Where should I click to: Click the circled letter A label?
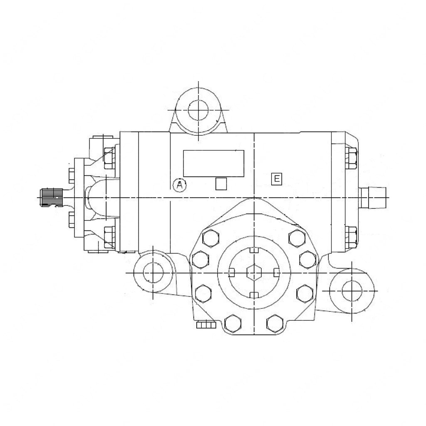click(180, 185)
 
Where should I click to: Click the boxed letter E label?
click(276, 179)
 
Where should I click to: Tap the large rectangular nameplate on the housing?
click(214, 163)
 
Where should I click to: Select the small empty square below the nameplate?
click(221, 183)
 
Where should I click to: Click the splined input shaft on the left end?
click(52, 197)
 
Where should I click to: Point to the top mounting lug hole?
click(198, 110)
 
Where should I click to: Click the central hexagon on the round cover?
click(253, 273)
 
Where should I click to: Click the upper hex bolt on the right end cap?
click(351, 159)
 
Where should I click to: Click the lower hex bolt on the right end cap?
click(351, 237)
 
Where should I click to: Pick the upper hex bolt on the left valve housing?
click(109, 158)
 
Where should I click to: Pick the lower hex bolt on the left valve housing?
click(109, 237)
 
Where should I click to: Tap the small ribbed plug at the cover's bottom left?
click(205, 324)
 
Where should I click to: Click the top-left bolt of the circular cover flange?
click(209, 238)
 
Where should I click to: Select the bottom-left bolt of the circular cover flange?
click(233, 323)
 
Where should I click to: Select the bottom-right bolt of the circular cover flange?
click(275, 323)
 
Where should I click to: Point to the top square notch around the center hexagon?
click(253, 250)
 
